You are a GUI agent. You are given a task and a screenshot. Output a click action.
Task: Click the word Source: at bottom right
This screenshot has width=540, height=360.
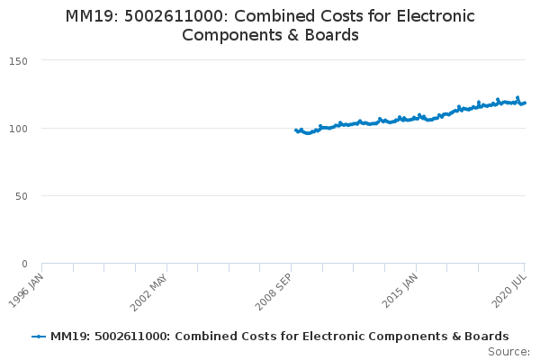508,351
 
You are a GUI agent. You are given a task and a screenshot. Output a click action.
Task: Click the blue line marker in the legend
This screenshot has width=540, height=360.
38,337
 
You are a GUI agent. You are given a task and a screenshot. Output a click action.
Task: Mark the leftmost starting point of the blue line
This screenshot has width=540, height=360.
296,130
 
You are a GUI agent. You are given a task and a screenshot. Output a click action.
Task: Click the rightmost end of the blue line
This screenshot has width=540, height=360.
526,102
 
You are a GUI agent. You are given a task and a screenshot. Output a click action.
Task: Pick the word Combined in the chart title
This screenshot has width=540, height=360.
284,17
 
